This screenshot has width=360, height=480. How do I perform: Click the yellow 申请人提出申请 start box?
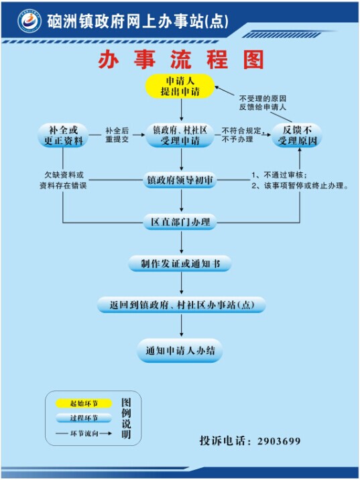point(180,86)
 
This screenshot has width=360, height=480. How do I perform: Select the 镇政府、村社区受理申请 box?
point(180,135)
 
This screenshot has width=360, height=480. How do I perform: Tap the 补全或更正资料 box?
point(64,135)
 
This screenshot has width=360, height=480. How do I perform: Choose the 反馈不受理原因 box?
point(297,135)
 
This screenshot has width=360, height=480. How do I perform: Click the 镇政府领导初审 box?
point(180,180)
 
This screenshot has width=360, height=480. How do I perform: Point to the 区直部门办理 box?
point(180,223)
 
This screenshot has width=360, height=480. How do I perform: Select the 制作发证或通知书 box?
point(180,263)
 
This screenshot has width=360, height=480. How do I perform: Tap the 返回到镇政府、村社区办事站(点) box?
point(181,305)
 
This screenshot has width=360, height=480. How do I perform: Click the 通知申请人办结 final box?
point(180,351)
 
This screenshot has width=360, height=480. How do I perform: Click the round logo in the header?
point(29,21)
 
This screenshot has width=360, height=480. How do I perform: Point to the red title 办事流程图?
point(181,60)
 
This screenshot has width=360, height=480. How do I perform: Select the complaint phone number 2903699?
point(279,441)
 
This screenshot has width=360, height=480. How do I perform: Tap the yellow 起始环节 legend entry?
point(84,404)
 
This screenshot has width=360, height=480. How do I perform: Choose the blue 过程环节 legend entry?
point(84,418)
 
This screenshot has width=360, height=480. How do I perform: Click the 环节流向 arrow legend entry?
point(84,434)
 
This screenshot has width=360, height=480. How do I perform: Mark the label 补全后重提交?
point(117,135)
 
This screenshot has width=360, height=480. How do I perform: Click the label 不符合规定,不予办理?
point(242,135)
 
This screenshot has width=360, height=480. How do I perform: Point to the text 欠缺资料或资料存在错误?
point(64,180)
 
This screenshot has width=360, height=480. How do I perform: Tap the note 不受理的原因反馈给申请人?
point(263,103)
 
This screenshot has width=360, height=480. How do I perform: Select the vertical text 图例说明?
point(126,418)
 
